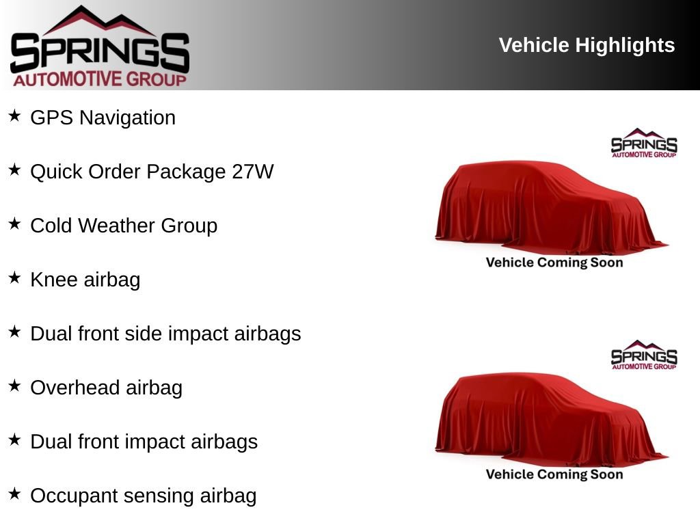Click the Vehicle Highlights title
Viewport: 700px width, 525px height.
coord(587,46)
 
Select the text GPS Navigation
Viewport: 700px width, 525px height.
coord(103,118)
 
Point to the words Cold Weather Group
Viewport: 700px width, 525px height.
coord(124,226)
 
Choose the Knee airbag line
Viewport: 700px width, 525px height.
coord(85,280)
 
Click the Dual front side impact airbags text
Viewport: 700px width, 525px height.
coord(165,334)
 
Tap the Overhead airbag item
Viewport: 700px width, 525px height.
coord(106,388)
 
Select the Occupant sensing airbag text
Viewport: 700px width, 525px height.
coord(143,496)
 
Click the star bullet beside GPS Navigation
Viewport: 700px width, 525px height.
coord(14,116)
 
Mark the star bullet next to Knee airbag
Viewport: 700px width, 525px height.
coord(14,278)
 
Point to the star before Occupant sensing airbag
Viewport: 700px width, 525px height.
coord(14,494)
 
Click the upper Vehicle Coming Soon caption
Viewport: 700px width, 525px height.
coord(554,262)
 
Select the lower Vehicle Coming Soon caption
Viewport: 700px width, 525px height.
coord(554,474)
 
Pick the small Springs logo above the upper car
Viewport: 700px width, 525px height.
coord(643,144)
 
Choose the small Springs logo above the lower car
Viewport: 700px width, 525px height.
coord(643,355)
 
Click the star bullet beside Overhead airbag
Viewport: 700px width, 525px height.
coord(14,386)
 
